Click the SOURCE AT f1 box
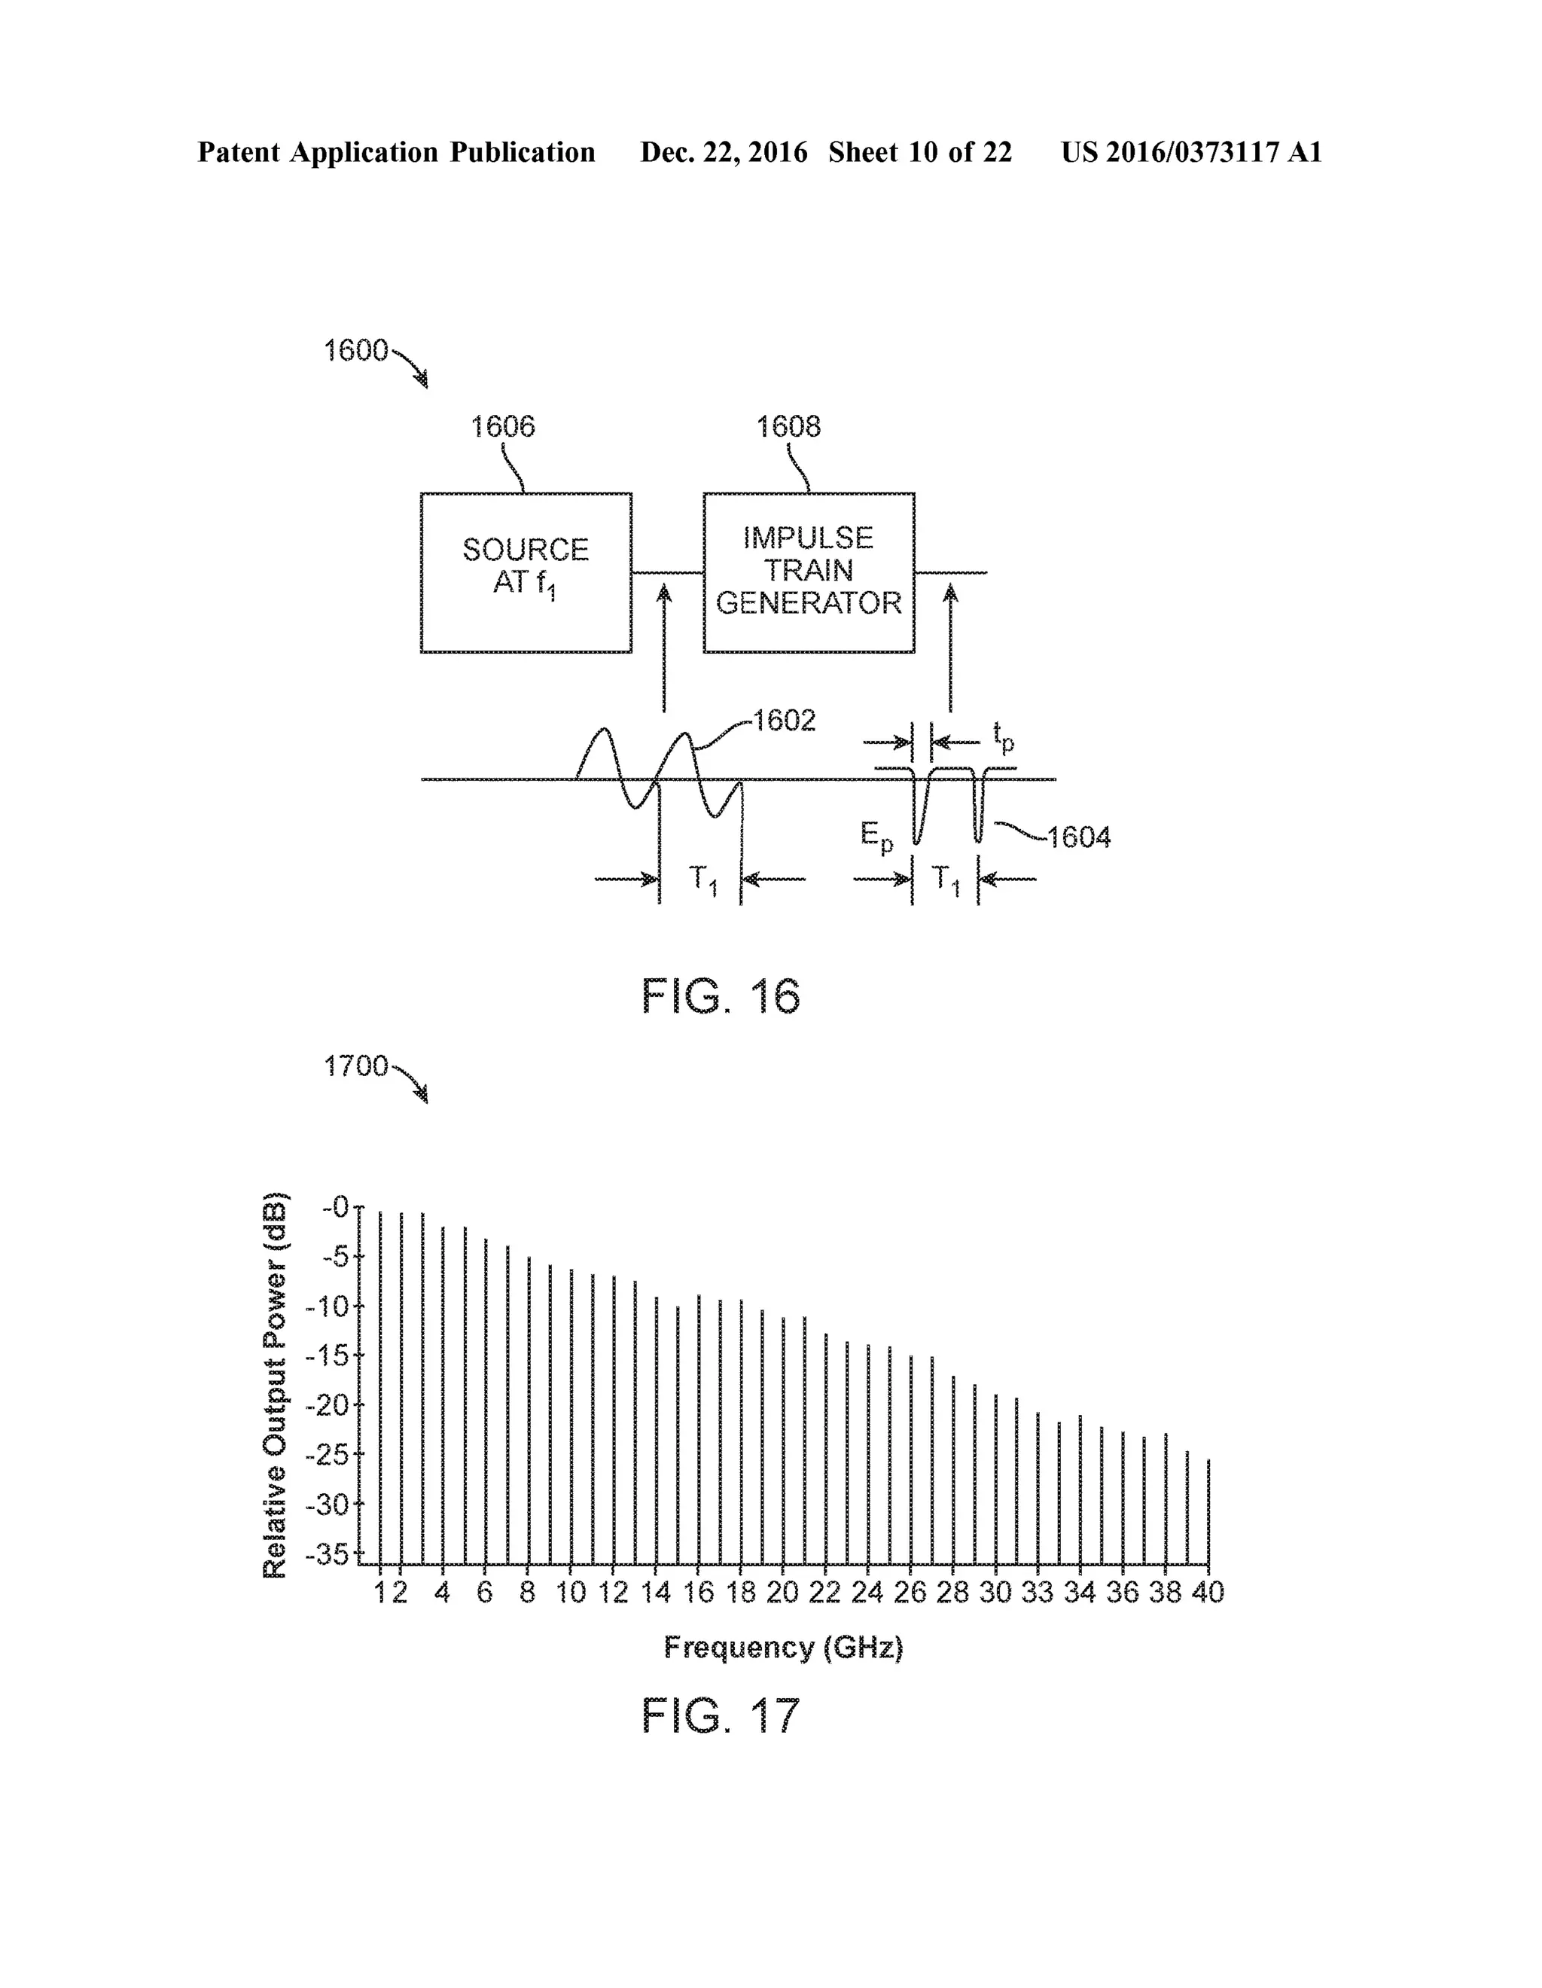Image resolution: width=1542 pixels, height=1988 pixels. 526,572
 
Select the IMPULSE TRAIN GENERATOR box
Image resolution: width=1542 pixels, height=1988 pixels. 809,572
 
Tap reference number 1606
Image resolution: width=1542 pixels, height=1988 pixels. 502,426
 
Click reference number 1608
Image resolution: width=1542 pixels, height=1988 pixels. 788,426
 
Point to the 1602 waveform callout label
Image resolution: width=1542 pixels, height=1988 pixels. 784,721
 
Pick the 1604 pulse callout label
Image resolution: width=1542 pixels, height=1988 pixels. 1079,837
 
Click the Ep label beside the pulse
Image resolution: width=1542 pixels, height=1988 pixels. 876,837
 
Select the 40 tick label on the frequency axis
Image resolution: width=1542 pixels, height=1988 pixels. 1207,1592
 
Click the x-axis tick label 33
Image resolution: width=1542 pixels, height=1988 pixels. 1037,1592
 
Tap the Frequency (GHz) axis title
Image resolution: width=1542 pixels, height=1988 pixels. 783,1647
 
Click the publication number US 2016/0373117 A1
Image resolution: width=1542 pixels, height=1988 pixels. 1190,152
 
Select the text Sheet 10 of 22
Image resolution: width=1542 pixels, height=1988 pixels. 919,152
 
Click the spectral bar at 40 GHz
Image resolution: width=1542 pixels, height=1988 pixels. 1208,1511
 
